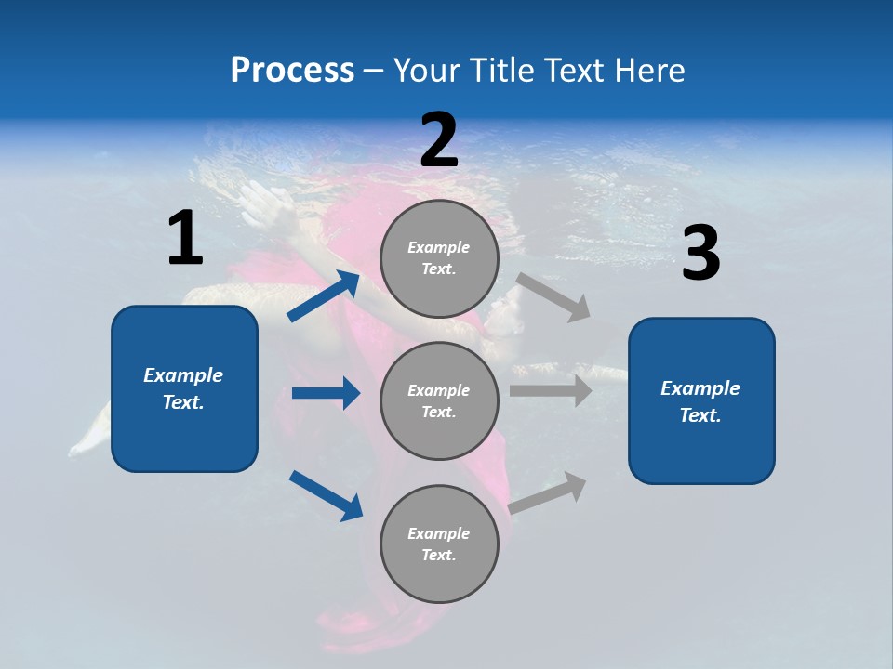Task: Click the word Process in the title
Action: [x=292, y=71]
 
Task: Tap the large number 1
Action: [x=185, y=240]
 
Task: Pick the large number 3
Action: [x=700, y=255]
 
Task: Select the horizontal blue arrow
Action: [x=326, y=393]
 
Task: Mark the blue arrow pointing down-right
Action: [x=326, y=494]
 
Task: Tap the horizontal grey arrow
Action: [x=551, y=391]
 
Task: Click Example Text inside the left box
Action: [x=183, y=388]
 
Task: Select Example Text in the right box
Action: [x=700, y=401]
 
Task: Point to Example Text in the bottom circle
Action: [x=438, y=544]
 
